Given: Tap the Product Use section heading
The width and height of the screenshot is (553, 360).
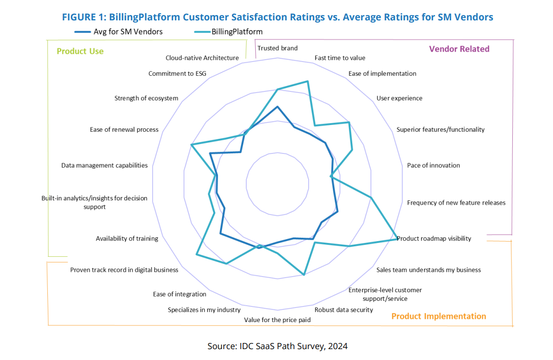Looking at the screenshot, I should coord(80,51).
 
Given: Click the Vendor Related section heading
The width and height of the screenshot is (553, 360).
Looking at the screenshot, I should coord(459,49).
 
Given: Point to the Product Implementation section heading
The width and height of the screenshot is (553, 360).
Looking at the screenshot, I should coord(438,316).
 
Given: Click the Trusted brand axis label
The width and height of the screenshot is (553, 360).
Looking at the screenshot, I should coord(277,48).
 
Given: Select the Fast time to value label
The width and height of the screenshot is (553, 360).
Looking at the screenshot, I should coord(340,58).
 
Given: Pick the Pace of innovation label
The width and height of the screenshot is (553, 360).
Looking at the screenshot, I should coord(433,165).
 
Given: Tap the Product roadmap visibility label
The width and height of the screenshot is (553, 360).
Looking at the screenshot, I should coord(434,238).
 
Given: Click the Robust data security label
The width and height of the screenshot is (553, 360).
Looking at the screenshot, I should coord(344,310).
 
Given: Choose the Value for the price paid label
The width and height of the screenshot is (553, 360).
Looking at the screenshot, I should coord(277,320).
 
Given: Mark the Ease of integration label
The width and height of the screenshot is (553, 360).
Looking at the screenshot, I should coord(179,294).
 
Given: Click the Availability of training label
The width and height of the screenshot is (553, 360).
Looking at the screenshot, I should coord(127,238).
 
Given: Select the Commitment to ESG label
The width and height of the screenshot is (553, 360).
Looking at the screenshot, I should coord(177,73).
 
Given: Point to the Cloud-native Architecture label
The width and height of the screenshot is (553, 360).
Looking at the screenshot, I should coord(202,58).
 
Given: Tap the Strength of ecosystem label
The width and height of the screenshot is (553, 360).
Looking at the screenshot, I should coord(146,98).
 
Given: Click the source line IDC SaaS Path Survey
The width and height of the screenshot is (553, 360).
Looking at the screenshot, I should coord(277,346).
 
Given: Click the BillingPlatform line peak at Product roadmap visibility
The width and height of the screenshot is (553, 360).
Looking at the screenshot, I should coord(397,239).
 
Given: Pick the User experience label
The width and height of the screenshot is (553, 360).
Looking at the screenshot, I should coord(399,98).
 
